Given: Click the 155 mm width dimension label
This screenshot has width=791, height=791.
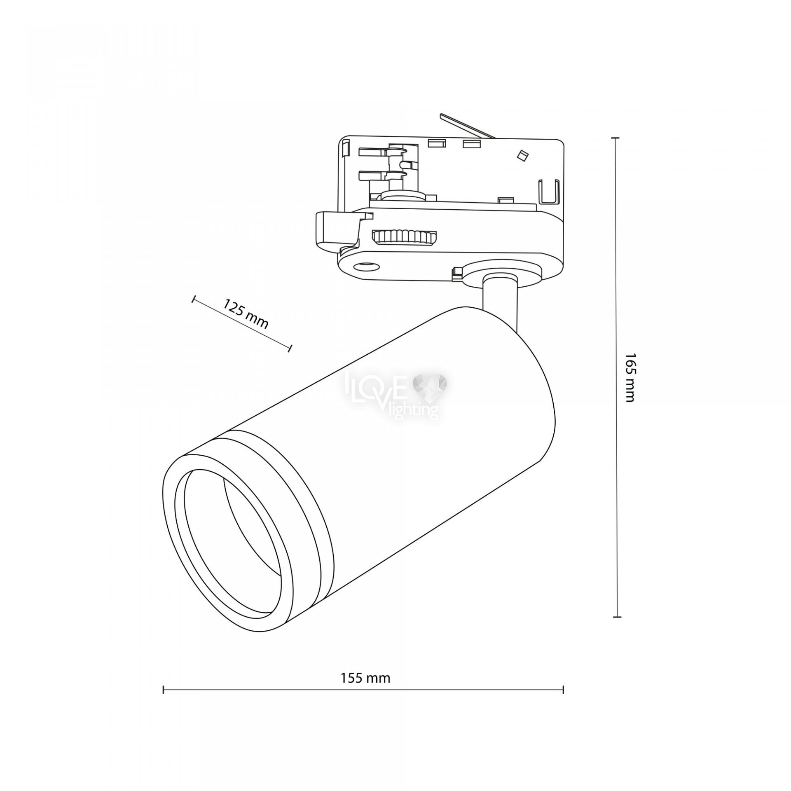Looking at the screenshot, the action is pyautogui.click(x=365, y=678).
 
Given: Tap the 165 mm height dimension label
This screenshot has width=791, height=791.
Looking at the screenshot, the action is pyautogui.click(x=630, y=377).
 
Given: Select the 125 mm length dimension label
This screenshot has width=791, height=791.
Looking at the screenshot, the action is pyautogui.click(x=246, y=314).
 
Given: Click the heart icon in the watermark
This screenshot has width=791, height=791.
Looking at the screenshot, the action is pyautogui.click(x=433, y=385).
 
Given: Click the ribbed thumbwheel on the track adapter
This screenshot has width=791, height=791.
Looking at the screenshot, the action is pyautogui.click(x=404, y=238).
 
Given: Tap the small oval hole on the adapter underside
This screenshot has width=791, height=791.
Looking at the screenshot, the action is pyautogui.click(x=368, y=267).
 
